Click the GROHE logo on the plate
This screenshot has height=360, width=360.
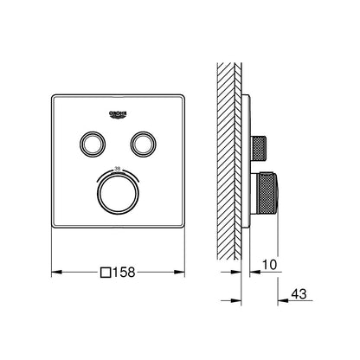(x=119, y=113)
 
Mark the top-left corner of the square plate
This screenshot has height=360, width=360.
(x=54, y=93)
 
